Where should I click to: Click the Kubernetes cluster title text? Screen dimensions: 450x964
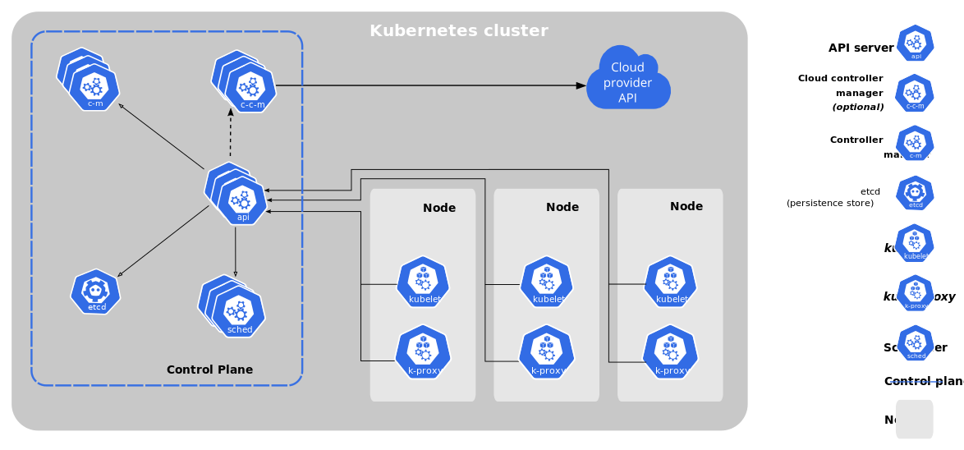[x=458, y=31]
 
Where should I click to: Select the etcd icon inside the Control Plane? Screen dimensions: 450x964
[x=96, y=292]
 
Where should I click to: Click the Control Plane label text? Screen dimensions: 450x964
[x=209, y=370]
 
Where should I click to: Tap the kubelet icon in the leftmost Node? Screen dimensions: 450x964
[x=424, y=282]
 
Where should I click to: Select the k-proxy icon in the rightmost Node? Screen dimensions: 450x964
[x=671, y=351]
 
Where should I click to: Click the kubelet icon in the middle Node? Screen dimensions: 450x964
[x=547, y=282]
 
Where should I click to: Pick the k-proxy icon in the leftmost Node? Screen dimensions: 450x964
[x=424, y=351]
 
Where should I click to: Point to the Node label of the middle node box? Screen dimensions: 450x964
[x=562, y=207]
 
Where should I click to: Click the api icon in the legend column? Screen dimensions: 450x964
[x=915, y=43]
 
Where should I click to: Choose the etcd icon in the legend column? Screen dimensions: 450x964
[x=915, y=193]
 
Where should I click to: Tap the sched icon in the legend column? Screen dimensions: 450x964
[x=915, y=343]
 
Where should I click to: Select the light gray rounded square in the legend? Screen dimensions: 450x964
[x=914, y=419]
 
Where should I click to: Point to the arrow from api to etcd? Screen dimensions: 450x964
[x=164, y=241]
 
